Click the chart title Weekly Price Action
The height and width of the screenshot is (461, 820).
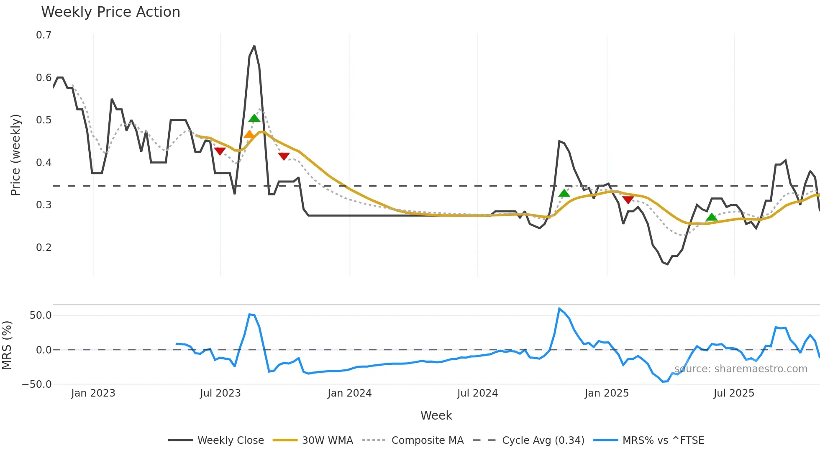point(110,12)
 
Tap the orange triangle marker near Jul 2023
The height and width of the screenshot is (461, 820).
point(249,134)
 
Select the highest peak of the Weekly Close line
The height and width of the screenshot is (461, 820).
point(254,46)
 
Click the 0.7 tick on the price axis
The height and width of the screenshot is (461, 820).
point(44,35)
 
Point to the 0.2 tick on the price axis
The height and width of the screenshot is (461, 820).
point(44,247)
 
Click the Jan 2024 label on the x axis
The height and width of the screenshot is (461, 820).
point(349,393)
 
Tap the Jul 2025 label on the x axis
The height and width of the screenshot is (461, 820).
point(734,393)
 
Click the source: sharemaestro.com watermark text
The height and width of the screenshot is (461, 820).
point(741,369)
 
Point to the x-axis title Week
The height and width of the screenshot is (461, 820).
point(436,415)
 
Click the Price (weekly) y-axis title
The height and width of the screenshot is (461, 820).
point(15,155)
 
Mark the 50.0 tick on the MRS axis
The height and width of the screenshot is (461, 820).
point(41,315)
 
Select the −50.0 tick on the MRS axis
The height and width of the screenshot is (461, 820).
point(37,384)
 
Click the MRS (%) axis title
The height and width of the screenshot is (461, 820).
point(7,345)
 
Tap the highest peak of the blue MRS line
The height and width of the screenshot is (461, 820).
point(559,309)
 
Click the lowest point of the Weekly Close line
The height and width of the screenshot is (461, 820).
point(667,264)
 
